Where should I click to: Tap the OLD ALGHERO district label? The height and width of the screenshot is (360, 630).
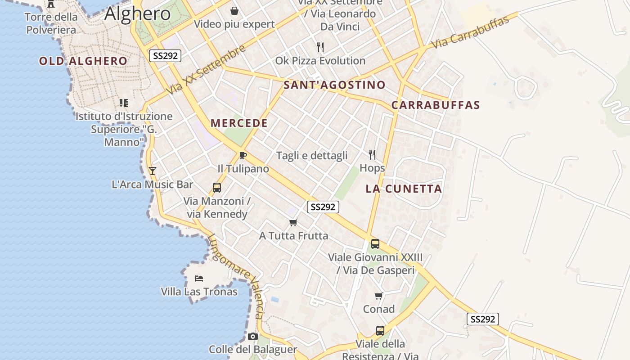83,61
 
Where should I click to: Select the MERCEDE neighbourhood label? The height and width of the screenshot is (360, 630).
239,123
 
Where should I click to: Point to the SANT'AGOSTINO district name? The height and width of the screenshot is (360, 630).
334,85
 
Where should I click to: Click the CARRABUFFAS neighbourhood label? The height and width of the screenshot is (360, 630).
435,105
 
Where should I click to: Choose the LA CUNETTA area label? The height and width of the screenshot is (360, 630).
404,189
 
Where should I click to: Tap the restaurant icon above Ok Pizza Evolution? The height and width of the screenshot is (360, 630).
320,47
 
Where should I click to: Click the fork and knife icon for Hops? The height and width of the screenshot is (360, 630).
372,155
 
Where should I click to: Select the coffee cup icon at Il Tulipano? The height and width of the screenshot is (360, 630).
243,156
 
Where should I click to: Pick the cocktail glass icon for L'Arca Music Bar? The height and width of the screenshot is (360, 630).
153,171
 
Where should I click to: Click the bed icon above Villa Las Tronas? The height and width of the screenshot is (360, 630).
199,279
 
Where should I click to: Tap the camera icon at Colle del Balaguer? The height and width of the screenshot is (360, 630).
253,336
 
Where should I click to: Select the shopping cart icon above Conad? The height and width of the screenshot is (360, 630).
379,296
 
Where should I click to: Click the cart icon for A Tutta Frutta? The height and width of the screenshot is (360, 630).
293,222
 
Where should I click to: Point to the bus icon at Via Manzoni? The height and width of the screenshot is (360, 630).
217,187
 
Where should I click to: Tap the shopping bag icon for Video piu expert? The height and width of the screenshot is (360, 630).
234,11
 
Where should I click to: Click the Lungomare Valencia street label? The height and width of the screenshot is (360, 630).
235,275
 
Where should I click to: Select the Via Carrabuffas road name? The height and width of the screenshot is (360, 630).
470,32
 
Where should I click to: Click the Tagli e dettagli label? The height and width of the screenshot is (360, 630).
312,155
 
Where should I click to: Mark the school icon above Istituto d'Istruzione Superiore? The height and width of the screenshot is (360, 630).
124,103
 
